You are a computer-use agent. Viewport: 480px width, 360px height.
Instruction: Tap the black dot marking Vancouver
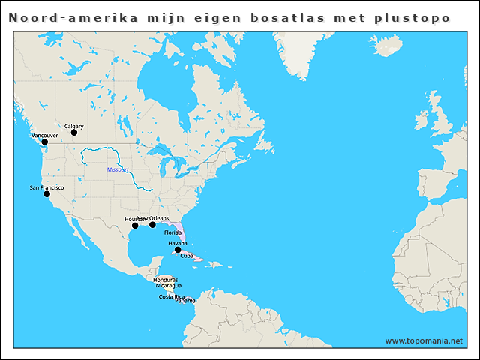[x=44, y=142]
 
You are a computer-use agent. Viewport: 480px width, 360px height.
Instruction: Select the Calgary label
[x=73, y=127]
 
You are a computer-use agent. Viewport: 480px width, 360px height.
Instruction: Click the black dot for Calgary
[x=74, y=133]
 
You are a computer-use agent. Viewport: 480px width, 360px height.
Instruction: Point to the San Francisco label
[x=46, y=187]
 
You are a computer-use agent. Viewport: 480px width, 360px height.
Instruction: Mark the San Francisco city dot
[x=46, y=193]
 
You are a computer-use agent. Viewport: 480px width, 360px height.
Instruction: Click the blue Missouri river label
[x=118, y=170]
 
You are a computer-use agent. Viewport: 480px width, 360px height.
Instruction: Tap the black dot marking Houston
[x=135, y=225]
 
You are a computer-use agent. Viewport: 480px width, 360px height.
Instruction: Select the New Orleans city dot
[x=152, y=224]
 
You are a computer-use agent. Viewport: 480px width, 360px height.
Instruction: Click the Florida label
[x=173, y=233]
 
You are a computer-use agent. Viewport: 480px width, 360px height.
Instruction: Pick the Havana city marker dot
[x=178, y=250]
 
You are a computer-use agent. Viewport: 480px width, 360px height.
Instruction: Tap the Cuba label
[x=187, y=256]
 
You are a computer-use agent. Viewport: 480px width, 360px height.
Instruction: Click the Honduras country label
[x=165, y=279]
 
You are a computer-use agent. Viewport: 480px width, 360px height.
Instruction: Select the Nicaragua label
[x=168, y=285]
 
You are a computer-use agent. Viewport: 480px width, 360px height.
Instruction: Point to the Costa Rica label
[x=172, y=296]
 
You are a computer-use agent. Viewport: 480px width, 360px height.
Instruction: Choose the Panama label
[x=184, y=301]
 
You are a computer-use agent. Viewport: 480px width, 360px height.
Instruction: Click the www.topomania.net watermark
[x=424, y=340]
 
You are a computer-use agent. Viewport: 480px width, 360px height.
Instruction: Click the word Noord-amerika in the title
[x=73, y=17]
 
